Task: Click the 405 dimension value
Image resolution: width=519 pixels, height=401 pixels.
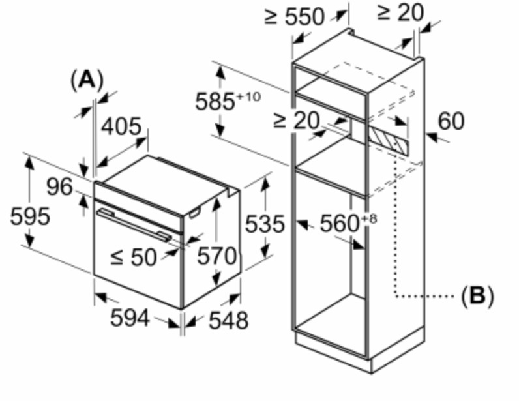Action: point(121,126)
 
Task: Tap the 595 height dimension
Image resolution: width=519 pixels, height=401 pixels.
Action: point(30,216)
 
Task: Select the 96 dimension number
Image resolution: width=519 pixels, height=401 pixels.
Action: point(59,186)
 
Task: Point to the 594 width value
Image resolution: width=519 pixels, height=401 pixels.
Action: point(130,318)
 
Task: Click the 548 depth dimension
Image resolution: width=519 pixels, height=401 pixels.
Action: point(228,320)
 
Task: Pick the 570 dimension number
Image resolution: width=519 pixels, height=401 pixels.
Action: point(217,256)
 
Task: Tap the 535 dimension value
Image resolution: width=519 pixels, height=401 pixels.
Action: point(265,224)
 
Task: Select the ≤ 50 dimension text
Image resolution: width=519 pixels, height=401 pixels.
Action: point(134,257)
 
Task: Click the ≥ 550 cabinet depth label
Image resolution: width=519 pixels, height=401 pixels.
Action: point(294,16)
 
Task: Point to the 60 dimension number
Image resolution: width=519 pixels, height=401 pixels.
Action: point(451,121)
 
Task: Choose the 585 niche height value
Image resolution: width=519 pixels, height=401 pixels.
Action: point(215,101)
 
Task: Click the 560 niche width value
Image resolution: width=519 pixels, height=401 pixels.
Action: point(340,223)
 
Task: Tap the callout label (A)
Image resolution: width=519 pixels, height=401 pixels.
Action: point(87,80)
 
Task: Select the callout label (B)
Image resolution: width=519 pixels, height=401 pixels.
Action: point(477,295)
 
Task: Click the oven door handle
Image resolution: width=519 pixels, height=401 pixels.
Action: point(134,224)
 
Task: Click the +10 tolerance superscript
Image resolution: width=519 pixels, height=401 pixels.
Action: point(248,97)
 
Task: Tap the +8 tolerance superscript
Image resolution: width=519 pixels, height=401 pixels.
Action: point(368,219)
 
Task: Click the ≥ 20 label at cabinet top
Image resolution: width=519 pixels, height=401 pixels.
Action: point(400,12)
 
